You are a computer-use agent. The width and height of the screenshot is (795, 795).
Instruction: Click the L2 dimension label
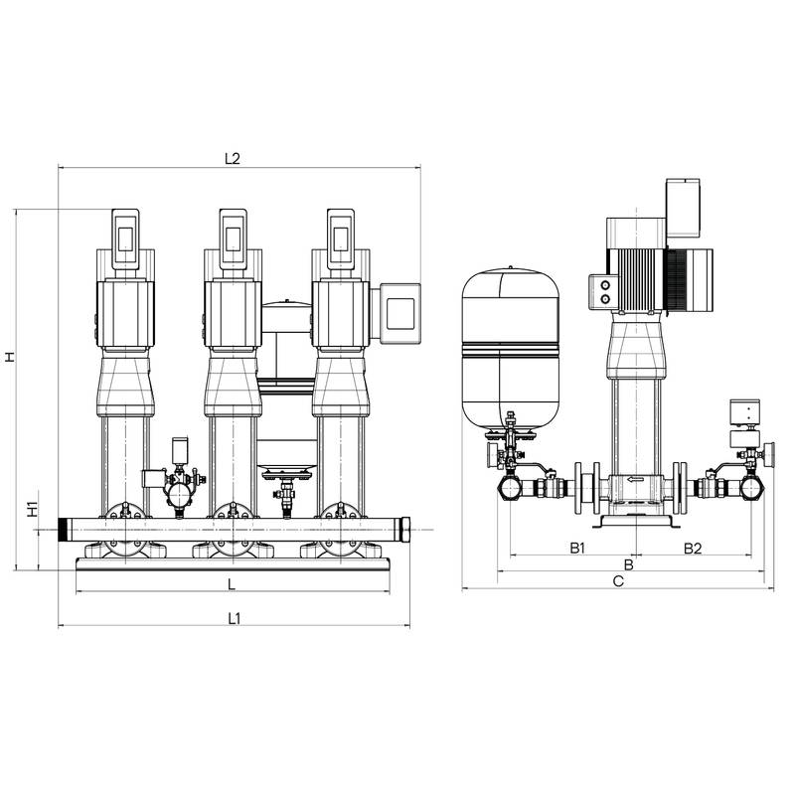[x=232, y=159]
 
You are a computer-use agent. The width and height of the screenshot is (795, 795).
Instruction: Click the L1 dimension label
[x=234, y=618]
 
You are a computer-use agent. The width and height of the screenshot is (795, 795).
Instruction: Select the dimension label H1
[x=33, y=509]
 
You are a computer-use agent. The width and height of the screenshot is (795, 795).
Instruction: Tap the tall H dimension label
[x=10, y=357]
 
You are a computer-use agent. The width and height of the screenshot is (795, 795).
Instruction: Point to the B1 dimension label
[x=577, y=549]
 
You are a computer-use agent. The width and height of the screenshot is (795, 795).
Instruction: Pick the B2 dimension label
[x=693, y=549]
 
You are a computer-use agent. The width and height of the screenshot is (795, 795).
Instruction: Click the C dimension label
[x=618, y=581]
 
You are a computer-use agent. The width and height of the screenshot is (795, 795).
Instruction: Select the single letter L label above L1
[x=232, y=584]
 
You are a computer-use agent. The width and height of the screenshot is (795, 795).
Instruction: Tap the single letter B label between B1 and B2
[x=629, y=564]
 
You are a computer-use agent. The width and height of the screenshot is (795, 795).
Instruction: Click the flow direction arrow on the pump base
[x=635, y=480]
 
